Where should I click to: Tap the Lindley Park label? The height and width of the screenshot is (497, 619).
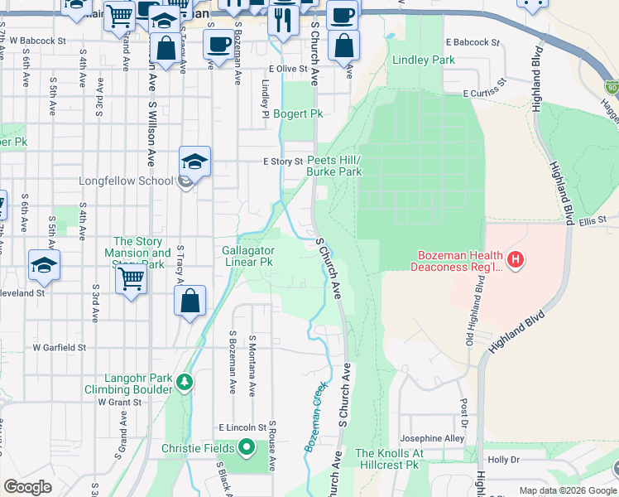tap(424, 60)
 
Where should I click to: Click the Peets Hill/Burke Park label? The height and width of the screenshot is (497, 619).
tap(334, 166)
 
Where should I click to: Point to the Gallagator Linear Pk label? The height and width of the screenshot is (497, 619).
tap(247, 256)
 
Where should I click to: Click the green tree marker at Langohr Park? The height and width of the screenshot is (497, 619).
tap(185, 382)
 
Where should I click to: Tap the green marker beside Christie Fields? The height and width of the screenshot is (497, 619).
tap(246, 449)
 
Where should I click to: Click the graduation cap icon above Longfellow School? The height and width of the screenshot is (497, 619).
tap(194, 162)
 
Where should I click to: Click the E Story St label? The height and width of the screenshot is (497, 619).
tap(283, 162)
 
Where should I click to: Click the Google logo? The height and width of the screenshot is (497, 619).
tap(27, 487)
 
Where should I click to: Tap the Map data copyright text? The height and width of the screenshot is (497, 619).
tap(568, 490)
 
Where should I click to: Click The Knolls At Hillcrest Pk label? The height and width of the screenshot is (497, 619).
tap(390, 460)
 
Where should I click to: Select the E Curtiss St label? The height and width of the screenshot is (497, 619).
tap(482, 94)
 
